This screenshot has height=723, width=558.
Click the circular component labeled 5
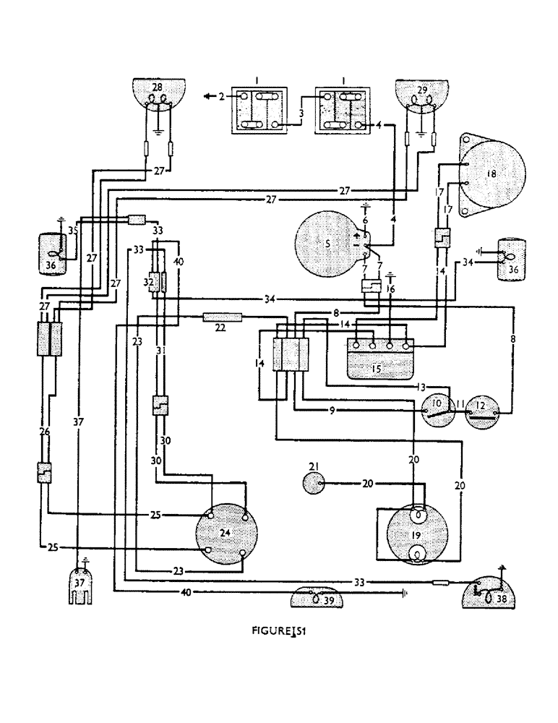click(x=329, y=244)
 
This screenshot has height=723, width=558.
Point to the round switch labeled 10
click(x=437, y=412)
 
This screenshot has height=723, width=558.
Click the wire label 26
click(x=44, y=432)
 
